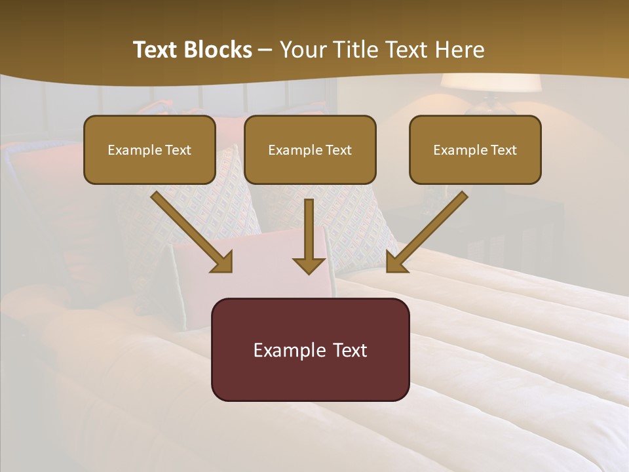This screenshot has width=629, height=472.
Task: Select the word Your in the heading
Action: (301, 50)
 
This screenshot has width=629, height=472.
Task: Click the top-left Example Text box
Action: (149, 149)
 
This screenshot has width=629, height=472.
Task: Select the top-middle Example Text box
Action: (310, 149)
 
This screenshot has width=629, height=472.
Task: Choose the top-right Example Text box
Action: (475, 149)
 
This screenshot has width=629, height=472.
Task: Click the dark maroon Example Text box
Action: (310, 349)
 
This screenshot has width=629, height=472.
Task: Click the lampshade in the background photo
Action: (489, 83)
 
